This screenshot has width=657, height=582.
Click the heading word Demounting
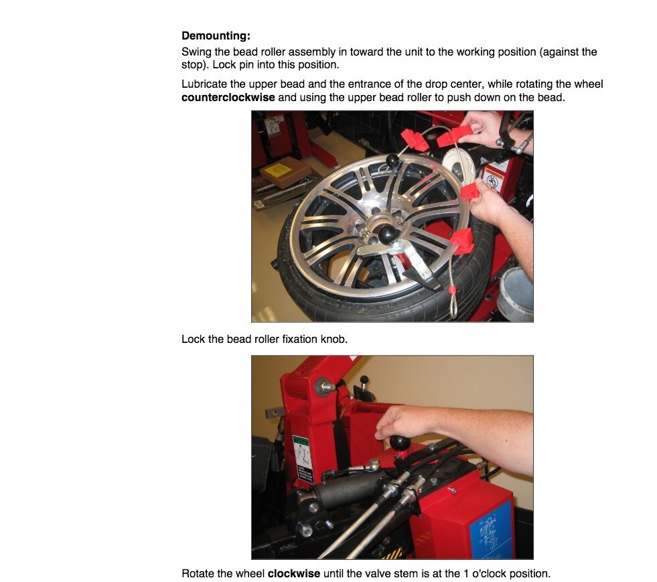coord(216,36)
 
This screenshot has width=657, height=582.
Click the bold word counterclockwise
coord(228,97)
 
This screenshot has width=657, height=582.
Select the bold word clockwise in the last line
coord(295,573)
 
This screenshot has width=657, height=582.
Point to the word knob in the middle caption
coord(334,339)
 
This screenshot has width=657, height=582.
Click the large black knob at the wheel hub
coord(388,234)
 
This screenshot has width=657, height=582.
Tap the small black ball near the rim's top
coord(392,159)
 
